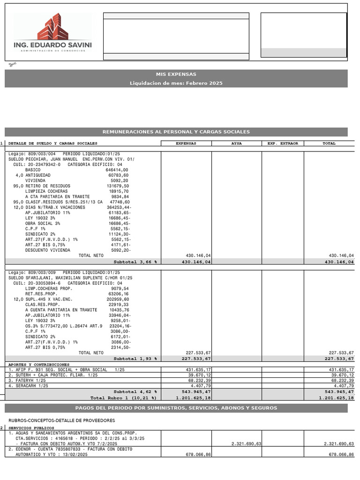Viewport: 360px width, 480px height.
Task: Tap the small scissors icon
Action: point(11,64)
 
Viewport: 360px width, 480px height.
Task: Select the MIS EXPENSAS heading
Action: point(176,74)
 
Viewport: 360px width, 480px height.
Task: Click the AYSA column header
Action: point(236,143)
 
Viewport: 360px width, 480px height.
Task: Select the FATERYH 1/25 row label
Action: point(29,380)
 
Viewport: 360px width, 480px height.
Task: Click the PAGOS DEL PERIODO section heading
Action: point(176,408)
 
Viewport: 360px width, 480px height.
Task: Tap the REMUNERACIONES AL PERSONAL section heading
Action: point(176,132)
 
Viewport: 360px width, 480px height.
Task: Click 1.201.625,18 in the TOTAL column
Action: point(336,397)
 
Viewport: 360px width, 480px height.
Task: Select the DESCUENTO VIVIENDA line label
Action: point(47,250)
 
